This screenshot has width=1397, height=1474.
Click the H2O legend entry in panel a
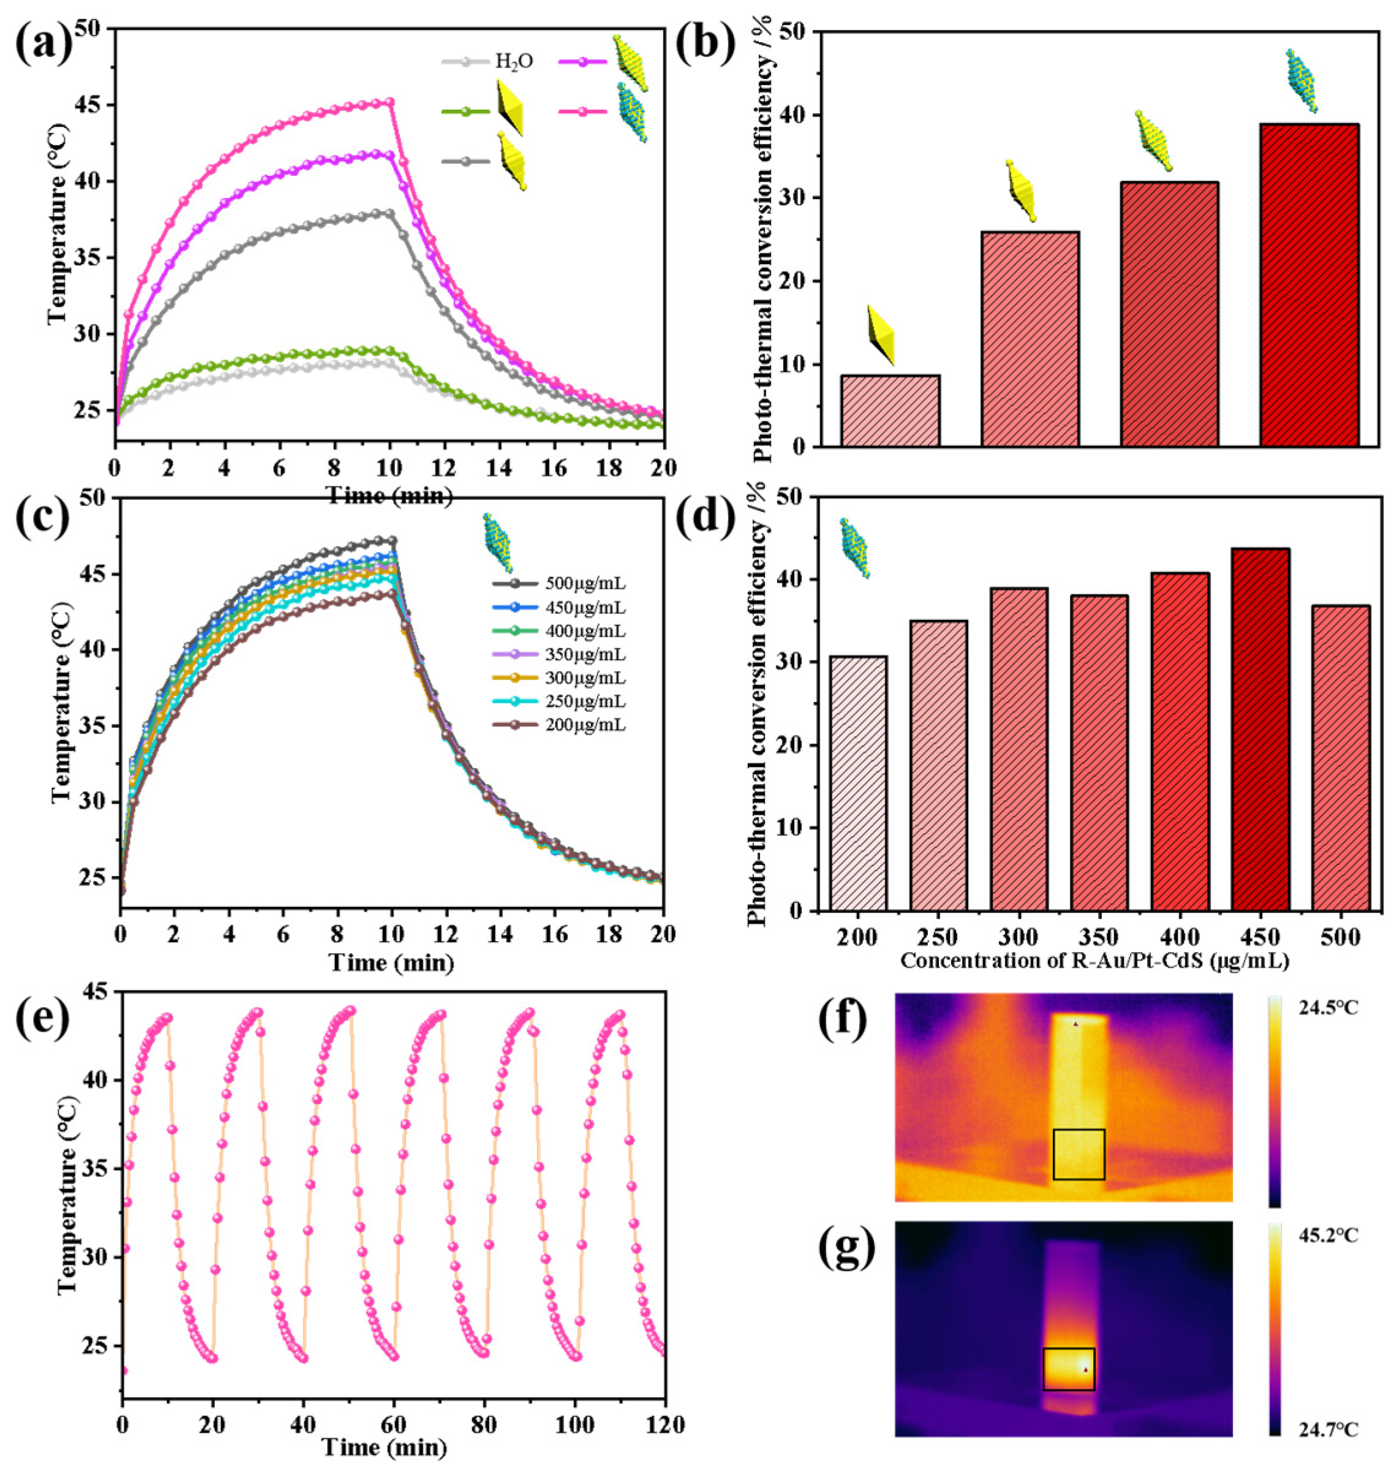(514, 61)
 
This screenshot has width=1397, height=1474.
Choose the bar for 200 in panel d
(858, 783)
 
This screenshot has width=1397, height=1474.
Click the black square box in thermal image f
(1079, 1154)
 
